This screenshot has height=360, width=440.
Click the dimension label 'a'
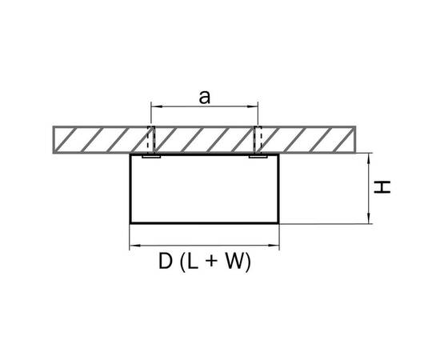click(x=204, y=98)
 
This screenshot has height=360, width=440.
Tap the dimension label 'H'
click(x=382, y=187)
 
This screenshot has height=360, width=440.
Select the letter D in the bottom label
click(x=166, y=261)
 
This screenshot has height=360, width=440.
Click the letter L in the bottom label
click(x=192, y=261)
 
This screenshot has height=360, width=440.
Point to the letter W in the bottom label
click(x=234, y=261)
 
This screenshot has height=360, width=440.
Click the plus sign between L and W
click(x=211, y=262)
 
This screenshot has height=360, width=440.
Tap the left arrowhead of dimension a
click(x=156, y=106)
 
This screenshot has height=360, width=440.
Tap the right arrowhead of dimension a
click(x=253, y=106)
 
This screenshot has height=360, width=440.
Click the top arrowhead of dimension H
click(x=369, y=158)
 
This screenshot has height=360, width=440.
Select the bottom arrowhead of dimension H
click(x=369, y=218)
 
